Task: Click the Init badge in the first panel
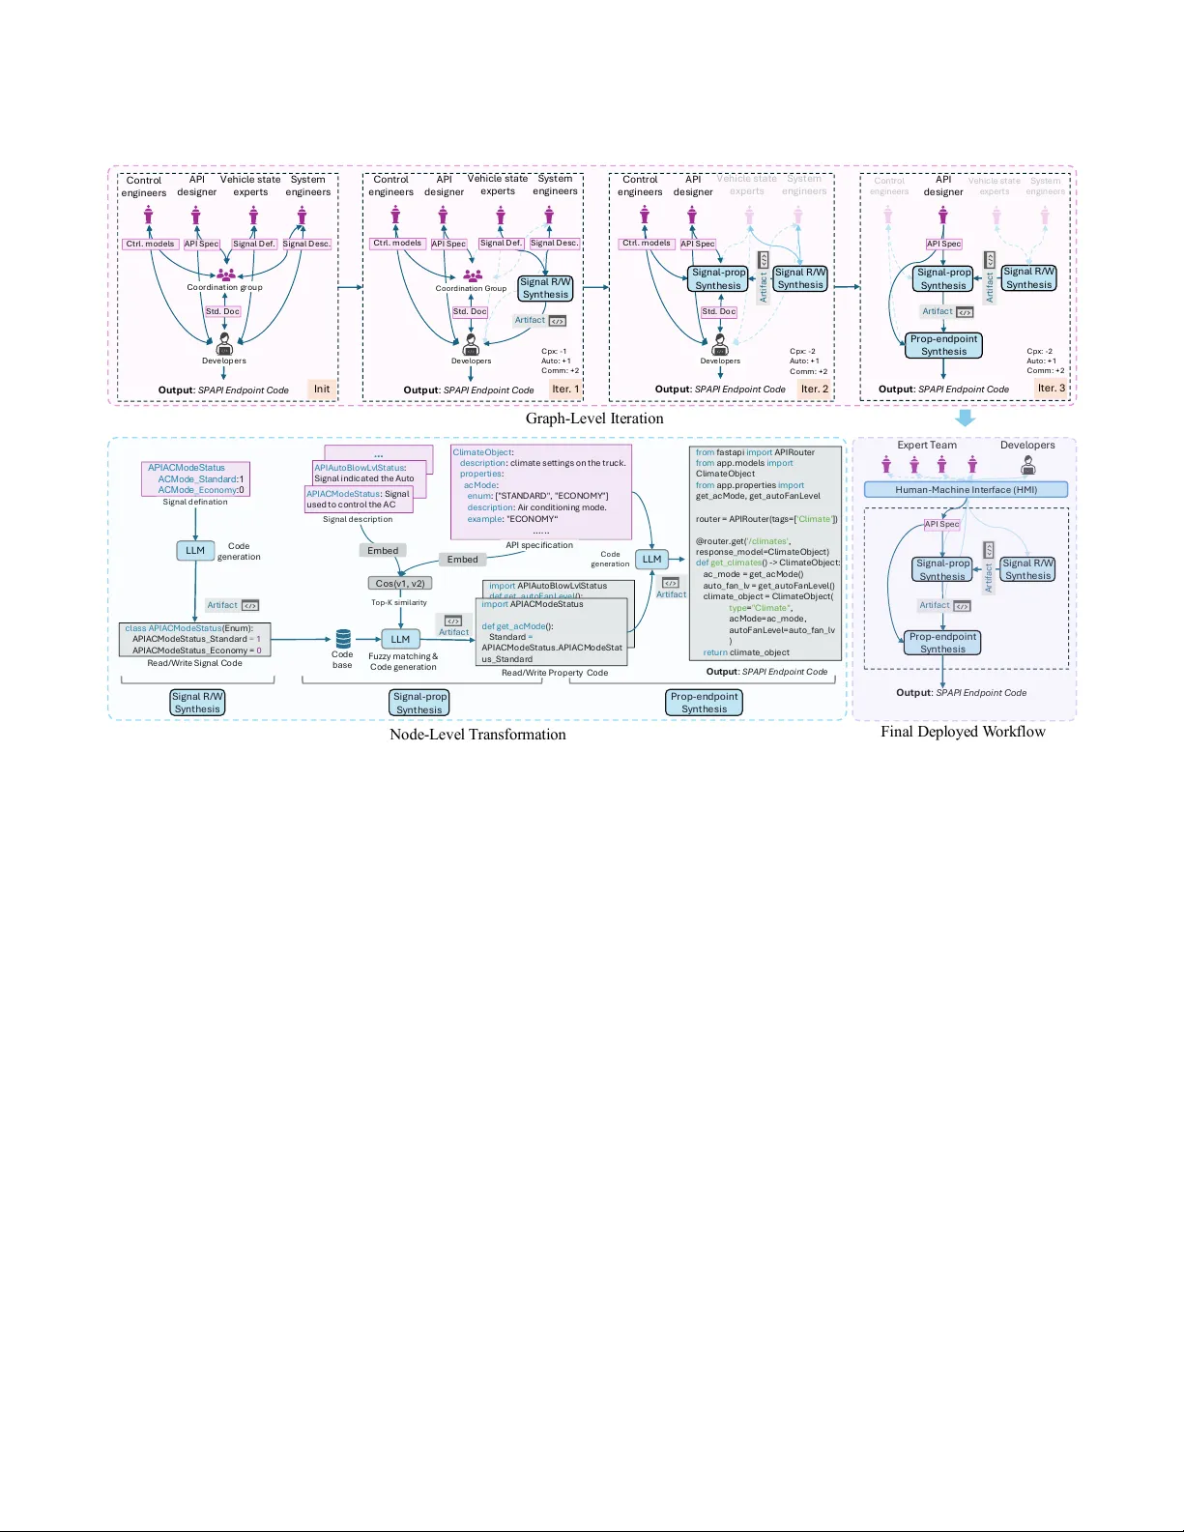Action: tap(322, 389)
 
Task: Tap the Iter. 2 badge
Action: tap(815, 389)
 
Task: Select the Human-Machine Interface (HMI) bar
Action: tap(966, 490)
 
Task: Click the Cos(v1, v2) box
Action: tap(400, 583)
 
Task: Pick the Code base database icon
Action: tap(343, 638)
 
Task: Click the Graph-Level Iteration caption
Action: tap(594, 419)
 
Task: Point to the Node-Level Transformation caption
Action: tap(477, 735)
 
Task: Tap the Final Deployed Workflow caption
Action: tap(963, 732)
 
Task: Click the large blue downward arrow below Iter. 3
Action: tap(965, 418)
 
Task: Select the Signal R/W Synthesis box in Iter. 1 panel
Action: tap(546, 288)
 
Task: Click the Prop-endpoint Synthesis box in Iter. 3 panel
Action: tap(943, 345)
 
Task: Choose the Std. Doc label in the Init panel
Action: tap(222, 311)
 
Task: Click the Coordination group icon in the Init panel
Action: tap(225, 275)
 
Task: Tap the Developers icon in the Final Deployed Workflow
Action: tap(1028, 466)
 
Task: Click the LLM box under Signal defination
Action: tap(195, 550)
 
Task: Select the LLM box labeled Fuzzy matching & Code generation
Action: tap(400, 639)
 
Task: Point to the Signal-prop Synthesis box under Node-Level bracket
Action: tap(419, 703)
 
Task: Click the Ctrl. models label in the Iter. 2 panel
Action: tap(646, 244)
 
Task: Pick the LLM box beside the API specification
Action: tap(652, 559)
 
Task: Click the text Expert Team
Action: tap(926, 446)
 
